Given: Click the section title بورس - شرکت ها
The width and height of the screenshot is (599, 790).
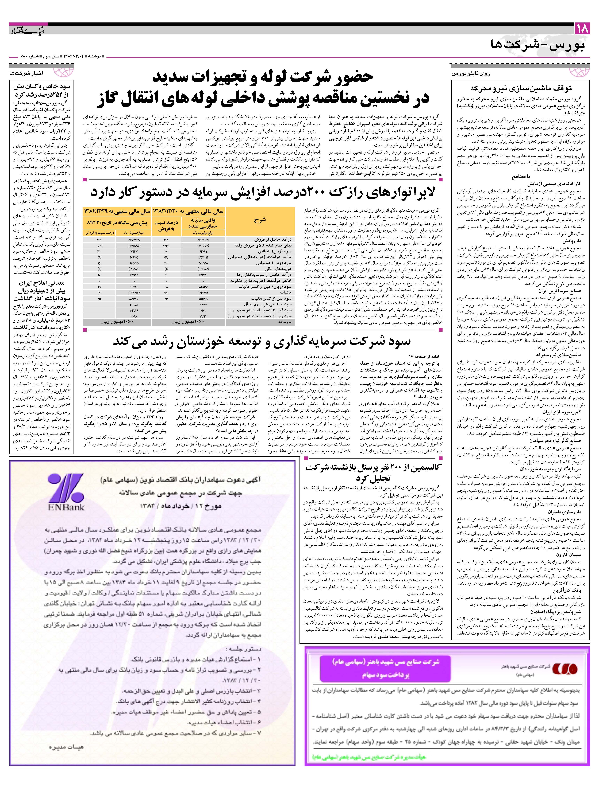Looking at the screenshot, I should tap(538, 46).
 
